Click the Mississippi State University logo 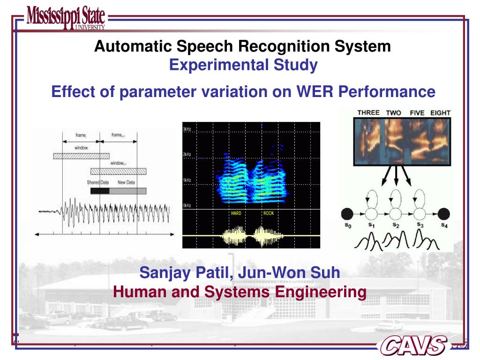pos(66,18)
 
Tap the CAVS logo pos(413,345)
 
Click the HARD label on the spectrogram pos(236,213)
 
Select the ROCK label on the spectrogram pos(268,213)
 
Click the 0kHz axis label pos(187,205)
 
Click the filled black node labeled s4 pos(443,214)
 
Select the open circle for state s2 pos(395,214)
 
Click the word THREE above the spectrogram pos(368,112)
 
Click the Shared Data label pos(97,182)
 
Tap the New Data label pos(126,182)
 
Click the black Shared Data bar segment pos(100,191)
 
